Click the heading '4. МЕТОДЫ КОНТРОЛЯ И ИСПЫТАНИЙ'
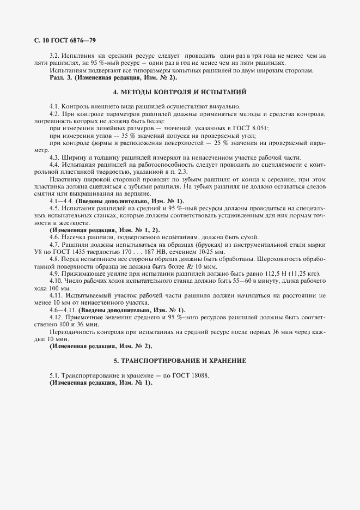click(180, 92)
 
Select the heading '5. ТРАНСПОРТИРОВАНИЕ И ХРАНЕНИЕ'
click(180, 361)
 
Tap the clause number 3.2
click(54, 56)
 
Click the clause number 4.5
click(54, 208)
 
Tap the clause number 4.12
click(56, 317)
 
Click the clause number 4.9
click(54, 274)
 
